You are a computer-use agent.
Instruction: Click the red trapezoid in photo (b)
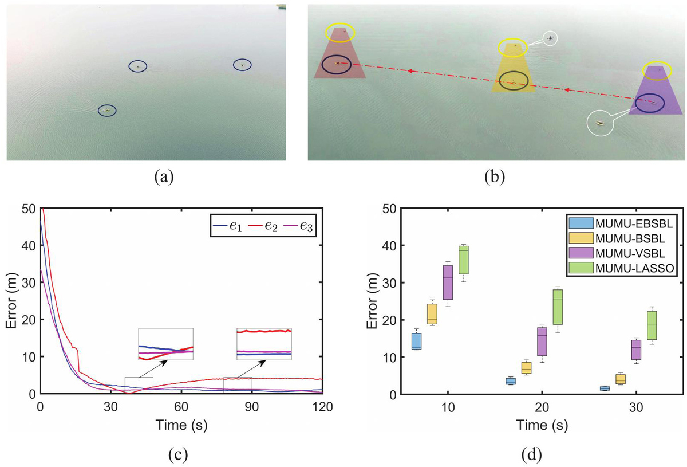pos(340,57)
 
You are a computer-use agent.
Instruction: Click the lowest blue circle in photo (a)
pos(106,110)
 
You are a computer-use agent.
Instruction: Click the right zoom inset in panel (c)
pos(264,344)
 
